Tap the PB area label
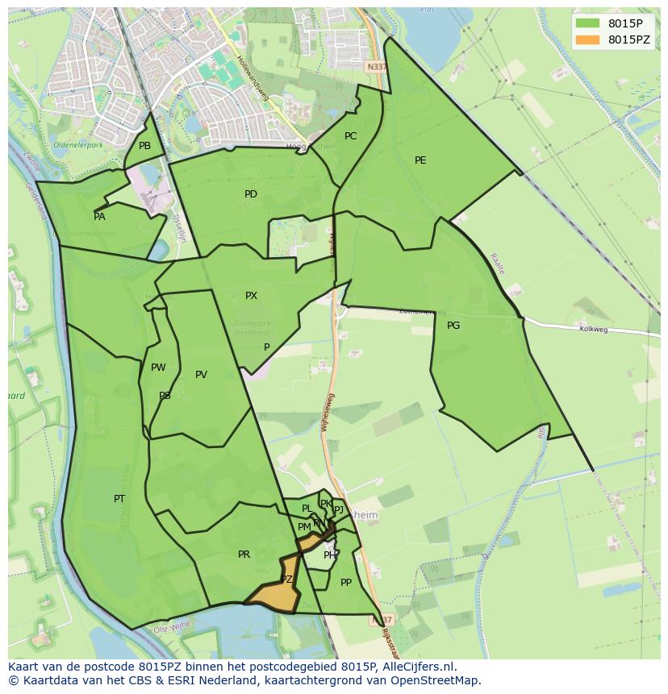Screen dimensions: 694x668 tap(144, 146)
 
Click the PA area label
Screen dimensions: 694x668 tap(99, 216)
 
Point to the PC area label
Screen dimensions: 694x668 tap(350, 136)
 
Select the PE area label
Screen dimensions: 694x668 tap(420, 160)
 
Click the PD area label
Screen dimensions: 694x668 tap(251, 194)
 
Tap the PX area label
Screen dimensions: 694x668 tap(251, 296)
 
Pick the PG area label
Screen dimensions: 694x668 tap(453, 325)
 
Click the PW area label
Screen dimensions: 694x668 tap(158, 368)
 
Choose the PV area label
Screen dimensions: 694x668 tap(201, 374)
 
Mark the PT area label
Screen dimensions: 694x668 tap(119, 499)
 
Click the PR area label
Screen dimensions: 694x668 tap(244, 554)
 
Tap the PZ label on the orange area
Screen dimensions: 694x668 tap(286, 580)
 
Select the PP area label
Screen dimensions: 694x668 tap(346, 582)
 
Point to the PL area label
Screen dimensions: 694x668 tap(307, 509)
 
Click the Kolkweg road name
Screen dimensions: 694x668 tap(593, 329)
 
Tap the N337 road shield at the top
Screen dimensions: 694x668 tap(374, 67)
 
